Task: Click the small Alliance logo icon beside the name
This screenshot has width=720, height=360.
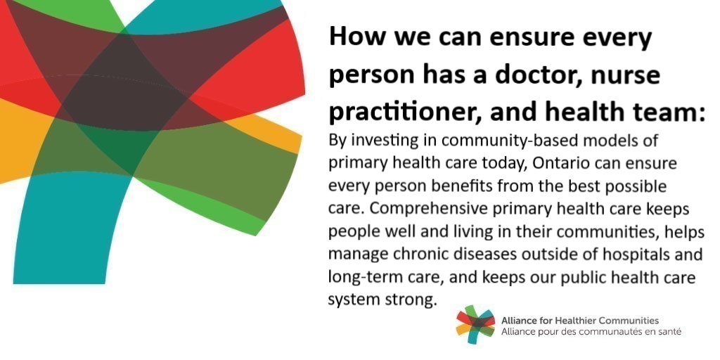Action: click(475, 324)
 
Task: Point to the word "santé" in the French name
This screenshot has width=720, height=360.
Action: click(668, 330)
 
